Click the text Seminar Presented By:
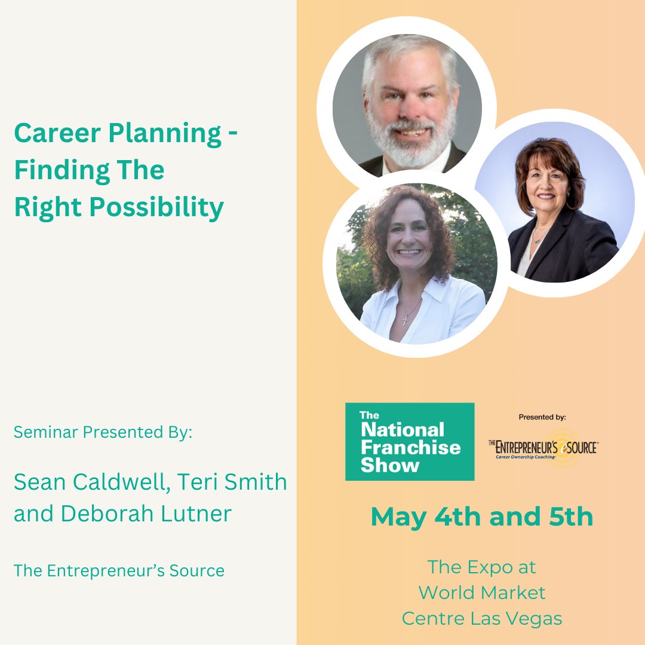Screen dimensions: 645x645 click(x=103, y=432)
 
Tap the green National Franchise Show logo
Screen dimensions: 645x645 click(x=410, y=441)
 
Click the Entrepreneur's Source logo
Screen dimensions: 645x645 click(x=543, y=447)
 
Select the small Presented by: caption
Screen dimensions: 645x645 click(x=542, y=417)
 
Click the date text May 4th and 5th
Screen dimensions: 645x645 click(x=482, y=517)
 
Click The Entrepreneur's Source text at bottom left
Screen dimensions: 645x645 click(x=119, y=570)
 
